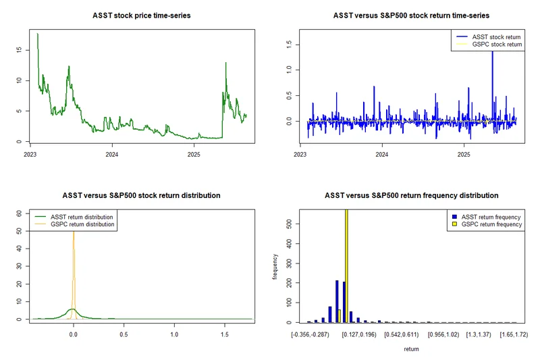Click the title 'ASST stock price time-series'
tap(141, 15)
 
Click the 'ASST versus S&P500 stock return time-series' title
tap(411, 15)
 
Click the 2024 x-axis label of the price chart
tap(112, 154)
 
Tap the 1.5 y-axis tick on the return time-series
tap(288, 44)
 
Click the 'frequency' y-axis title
tap(275, 267)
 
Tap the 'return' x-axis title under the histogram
tap(411, 349)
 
